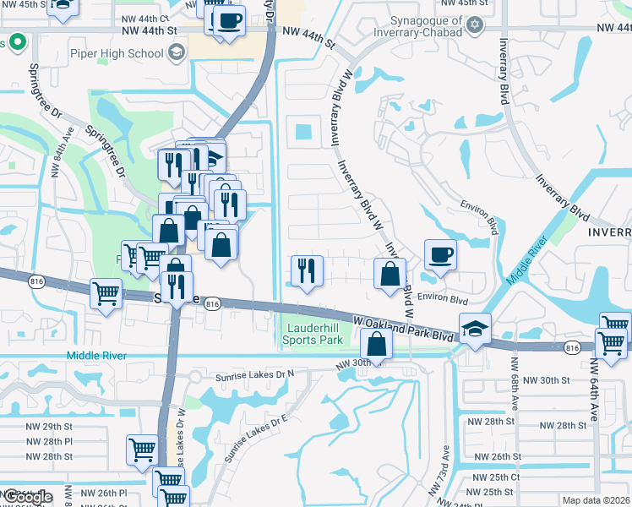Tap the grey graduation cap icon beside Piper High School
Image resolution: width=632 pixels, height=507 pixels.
click(176, 54)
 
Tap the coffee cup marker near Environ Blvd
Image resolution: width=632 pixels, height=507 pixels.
click(439, 254)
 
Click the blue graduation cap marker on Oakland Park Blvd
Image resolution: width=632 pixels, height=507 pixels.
click(475, 329)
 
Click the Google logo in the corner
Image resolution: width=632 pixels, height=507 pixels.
click(27, 497)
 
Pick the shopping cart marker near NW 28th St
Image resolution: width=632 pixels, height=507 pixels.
click(142, 450)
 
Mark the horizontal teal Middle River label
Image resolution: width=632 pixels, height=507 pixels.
click(95, 357)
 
